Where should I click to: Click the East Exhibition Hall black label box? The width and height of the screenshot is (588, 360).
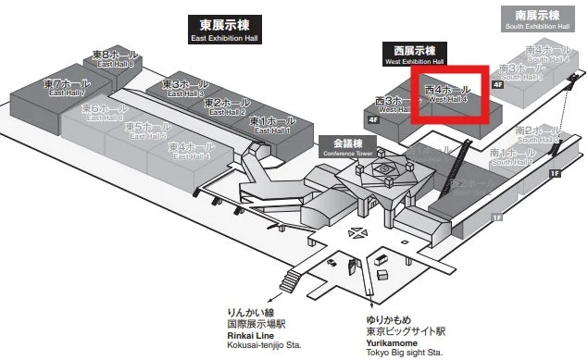coord(226,30)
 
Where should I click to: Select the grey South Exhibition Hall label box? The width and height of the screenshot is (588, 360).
coord(532,19)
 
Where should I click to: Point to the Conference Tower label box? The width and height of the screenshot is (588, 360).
coord(348,147)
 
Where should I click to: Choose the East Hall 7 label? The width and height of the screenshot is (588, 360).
coord(66,87)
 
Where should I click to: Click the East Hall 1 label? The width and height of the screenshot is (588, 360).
coord(272,125)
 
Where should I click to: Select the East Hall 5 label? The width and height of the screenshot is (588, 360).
coord(146,129)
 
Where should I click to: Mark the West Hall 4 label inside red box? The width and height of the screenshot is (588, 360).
coord(448,93)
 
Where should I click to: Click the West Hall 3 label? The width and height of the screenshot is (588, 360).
coord(396,104)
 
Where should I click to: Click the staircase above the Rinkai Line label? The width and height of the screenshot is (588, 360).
coord(294,279)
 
